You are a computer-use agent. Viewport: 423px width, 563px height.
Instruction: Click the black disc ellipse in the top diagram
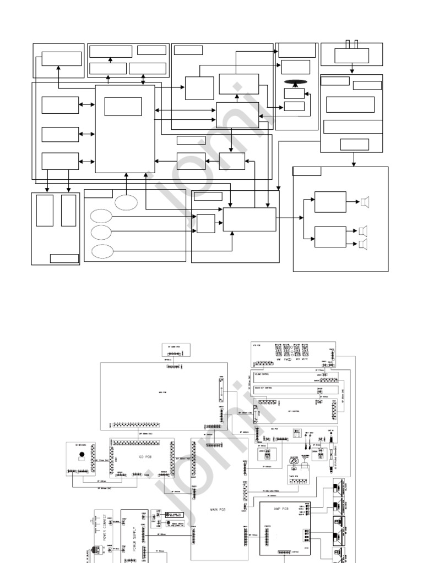click(296, 82)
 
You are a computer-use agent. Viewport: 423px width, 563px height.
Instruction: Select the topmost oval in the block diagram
click(126, 202)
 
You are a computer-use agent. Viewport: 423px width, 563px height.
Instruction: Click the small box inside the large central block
click(123, 106)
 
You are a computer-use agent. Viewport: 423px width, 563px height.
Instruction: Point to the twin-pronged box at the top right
click(351, 55)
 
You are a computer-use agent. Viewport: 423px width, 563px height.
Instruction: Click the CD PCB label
click(142, 455)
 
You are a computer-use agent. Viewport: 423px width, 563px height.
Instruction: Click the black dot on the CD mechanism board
click(82, 455)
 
